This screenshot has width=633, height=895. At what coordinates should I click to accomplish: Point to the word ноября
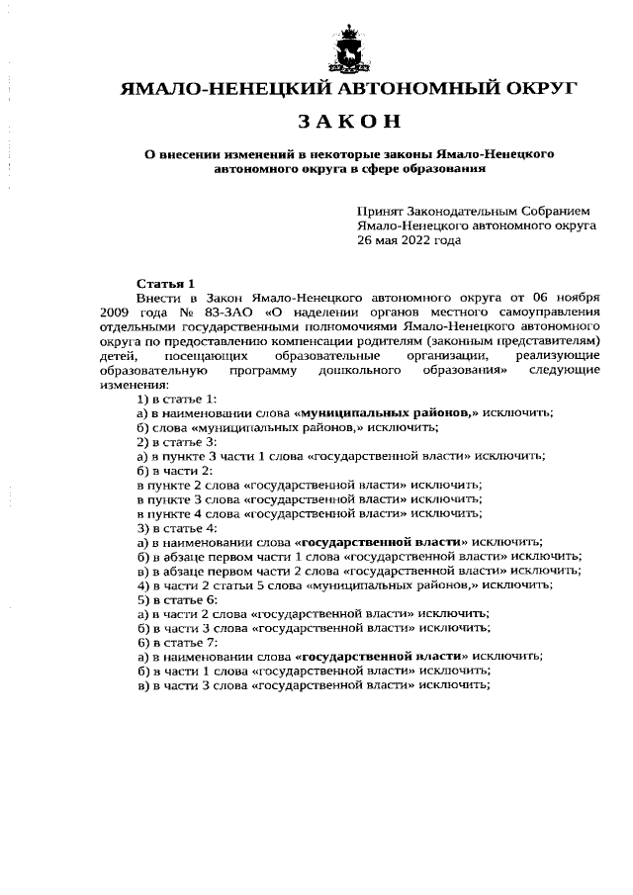point(573,296)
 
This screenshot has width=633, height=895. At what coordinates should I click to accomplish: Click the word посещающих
point(198,354)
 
